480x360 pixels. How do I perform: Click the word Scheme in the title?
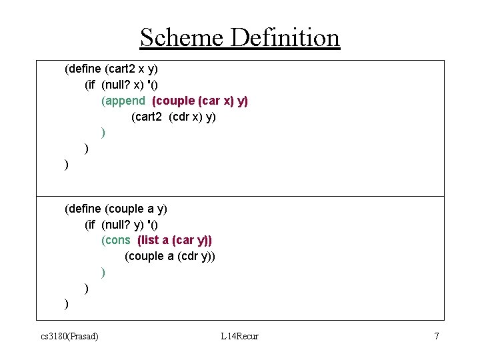182,37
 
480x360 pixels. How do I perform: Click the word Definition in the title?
285,37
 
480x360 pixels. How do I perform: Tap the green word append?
123,101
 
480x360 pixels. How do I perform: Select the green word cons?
115,240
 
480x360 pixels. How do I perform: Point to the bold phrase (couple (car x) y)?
200,101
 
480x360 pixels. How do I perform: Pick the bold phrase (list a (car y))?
175,240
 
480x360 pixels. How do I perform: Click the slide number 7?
437,336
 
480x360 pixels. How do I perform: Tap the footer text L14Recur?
239,336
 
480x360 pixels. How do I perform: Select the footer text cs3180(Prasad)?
69,336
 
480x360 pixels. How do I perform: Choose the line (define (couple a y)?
115,209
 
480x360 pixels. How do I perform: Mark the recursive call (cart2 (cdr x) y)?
173,117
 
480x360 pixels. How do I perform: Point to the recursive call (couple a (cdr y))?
170,256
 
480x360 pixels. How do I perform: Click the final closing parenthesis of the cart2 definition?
66,165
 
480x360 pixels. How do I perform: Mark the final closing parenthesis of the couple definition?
66,304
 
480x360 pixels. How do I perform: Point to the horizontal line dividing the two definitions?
253,196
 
